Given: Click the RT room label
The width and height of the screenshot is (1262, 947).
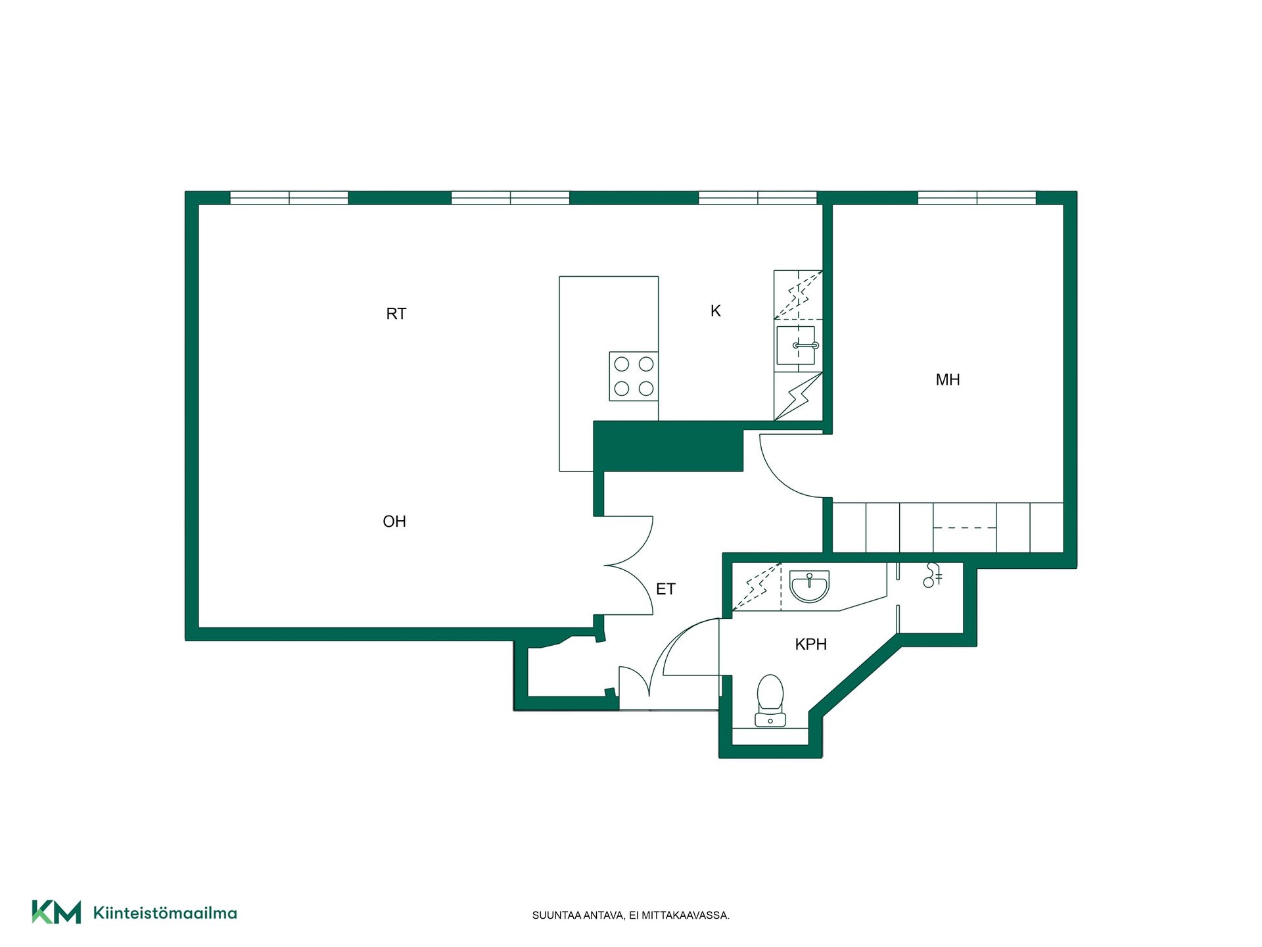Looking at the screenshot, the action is click(396, 314).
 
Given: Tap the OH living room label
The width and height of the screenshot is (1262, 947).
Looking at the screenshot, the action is click(394, 522).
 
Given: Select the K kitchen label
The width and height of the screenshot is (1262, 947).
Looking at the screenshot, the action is click(716, 310).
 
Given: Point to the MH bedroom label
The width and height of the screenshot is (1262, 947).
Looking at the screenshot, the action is click(948, 379).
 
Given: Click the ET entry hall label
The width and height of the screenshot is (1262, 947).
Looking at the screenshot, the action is click(666, 589).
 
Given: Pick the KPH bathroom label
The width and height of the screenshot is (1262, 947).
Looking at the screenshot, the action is click(811, 644).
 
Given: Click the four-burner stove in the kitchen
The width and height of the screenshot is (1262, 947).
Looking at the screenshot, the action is click(634, 376).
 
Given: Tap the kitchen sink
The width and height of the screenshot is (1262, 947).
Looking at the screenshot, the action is click(796, 345).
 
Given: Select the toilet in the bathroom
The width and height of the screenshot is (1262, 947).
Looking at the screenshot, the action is click(770, 701).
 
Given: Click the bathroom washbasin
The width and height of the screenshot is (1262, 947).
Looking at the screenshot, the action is click(810, 587).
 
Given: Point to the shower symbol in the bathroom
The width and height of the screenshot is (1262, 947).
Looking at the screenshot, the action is click(932, 575).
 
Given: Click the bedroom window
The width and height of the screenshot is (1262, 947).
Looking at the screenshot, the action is click(977, 198).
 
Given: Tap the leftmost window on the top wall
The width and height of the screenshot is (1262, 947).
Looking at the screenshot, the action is click(289, 198).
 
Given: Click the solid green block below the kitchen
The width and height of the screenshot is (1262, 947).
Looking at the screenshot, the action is click(668, 447).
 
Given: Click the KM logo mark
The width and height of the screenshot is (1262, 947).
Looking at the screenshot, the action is click(57, 912).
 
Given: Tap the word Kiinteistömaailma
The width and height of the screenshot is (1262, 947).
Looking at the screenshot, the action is click(165, 913).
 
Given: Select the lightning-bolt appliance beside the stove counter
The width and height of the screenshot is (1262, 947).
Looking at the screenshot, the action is click(798, 396).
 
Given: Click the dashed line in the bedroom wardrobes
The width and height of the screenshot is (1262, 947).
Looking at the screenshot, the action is click(965, 528).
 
